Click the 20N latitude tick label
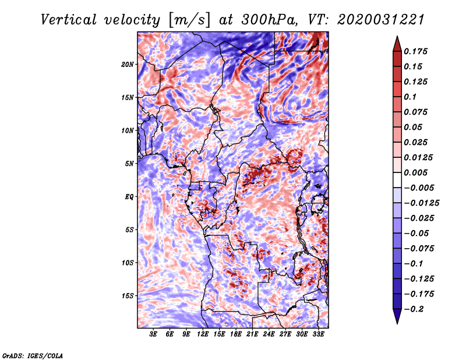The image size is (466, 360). (x=128, y=64)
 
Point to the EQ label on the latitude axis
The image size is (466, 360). (x=129, y=197)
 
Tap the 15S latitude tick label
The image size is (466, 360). (x=128, y=296)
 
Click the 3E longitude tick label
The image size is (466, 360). (x=154, y=335)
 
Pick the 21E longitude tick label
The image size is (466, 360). (x=252, y=335)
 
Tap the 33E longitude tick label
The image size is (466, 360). (x=318, y=335)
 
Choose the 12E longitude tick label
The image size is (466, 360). (x=203, y=335)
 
